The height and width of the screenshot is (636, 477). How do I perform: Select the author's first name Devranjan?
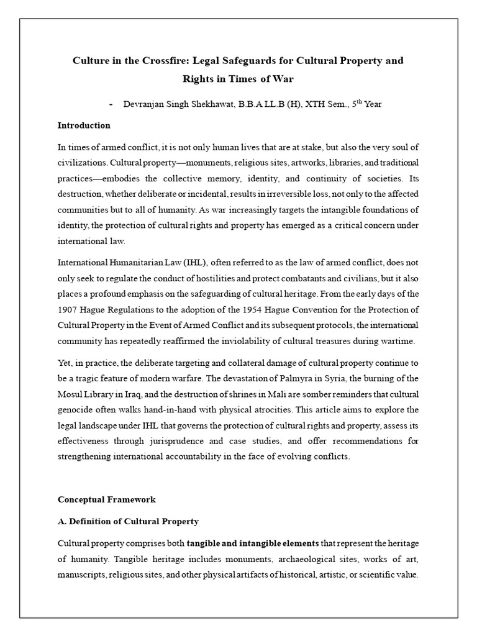(x=148, y=104)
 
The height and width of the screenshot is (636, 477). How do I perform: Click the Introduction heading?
(x=84, y=125)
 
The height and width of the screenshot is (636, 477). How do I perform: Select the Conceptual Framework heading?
(x=107, y=499)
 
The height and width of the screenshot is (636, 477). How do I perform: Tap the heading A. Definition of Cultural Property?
(x=128, y=521)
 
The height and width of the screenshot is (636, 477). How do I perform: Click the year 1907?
(x=68, y=309)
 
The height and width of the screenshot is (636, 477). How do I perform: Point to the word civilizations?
(x=79, y=163)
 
